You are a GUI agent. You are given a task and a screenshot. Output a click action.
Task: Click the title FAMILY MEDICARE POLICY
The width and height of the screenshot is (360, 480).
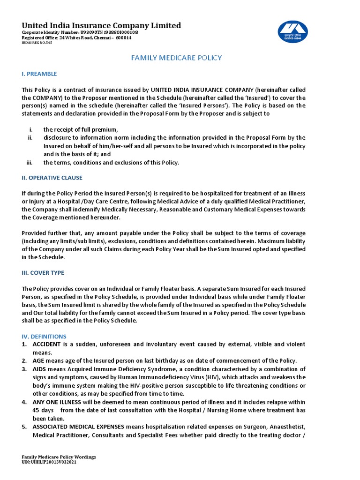(176, 58)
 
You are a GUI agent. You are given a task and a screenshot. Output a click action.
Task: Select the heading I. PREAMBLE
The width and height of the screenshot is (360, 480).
(39, 74)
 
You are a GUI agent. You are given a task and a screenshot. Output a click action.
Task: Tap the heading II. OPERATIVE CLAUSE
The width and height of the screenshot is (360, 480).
(52, 178)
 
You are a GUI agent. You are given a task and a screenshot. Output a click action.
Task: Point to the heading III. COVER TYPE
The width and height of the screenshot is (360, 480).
(43, 272)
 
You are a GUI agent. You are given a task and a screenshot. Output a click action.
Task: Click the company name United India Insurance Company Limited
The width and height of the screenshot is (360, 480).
(101, 25)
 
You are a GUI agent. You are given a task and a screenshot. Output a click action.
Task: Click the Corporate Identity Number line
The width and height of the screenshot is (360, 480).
(80, 32)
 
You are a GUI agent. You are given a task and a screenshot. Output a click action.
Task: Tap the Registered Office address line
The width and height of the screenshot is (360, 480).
(77, 37)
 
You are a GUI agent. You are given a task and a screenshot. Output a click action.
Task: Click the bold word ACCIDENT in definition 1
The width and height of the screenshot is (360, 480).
(46, 344)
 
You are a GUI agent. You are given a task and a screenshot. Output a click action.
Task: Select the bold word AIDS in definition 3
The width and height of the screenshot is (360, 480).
(39, 369)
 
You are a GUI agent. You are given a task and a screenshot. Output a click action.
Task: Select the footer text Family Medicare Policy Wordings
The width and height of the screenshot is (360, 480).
(59, 457)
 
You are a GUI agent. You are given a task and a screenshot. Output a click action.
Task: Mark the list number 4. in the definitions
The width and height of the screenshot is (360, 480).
(24, 402)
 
